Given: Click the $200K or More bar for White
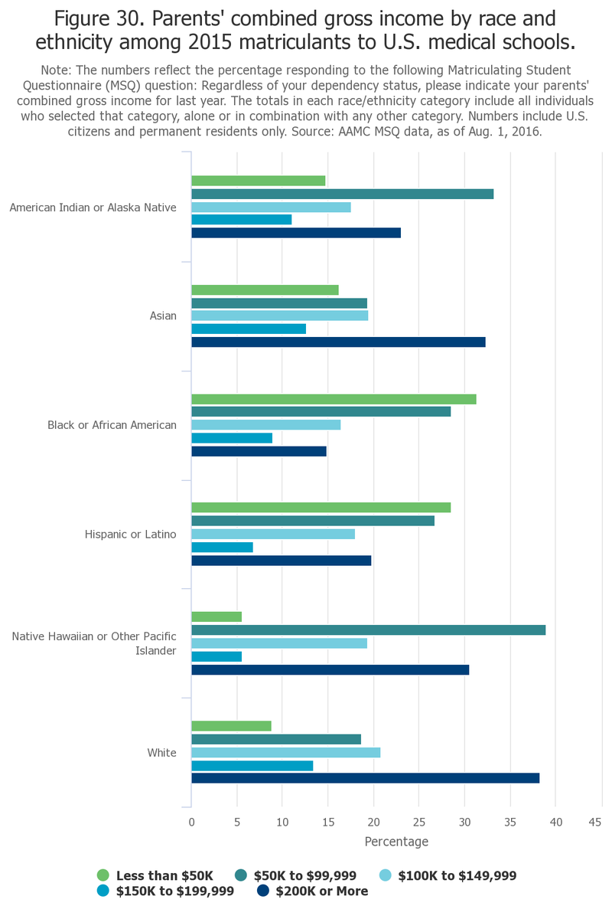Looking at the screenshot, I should [x=365, y=778].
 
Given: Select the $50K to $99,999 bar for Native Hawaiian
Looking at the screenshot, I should [x=368, y=630].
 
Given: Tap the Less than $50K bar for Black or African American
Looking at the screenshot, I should [x=334, y=399].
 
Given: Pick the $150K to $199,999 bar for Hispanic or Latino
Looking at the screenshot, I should [x=222, y=547].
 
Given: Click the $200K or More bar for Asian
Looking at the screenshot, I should [x=338, y=342].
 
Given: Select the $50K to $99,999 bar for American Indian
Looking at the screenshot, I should [x=342, y=194].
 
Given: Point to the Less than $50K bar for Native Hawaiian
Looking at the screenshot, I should [x=216, y=616].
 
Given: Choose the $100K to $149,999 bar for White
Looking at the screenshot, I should [x=285, y=753].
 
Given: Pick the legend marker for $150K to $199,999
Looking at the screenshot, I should [x=103, y=891].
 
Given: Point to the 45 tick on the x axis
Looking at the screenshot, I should [x=594, y=822].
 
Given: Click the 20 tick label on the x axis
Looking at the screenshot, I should [x=373, y=822].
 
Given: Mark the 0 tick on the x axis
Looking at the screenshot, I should [x=191, y=822].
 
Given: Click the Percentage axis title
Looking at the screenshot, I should [x=396, y=842].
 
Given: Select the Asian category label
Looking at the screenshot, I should [x=163, y=316].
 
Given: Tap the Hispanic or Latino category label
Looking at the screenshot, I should [x=131, y=534].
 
